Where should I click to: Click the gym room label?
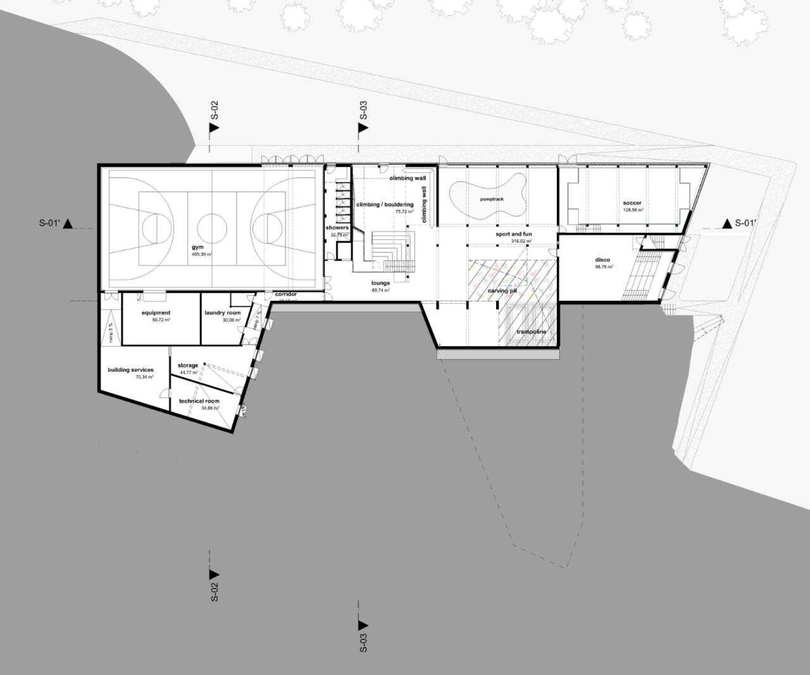[x=198, y=247]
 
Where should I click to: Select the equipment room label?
[x=156, y=313]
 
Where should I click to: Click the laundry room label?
[x=223, y=313]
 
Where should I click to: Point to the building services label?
[x=130, y=370]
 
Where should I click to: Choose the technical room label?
[x=199, y=401]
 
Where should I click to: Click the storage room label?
[x=188, y=365]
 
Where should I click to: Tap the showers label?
[x=337, y=227]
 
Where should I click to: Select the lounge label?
[x=380, y=283]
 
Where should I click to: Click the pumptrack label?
[x=492, y=199]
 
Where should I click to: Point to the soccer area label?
[x=632, y=203]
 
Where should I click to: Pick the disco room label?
[x=602, y=260]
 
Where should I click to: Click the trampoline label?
[x=530, y=332]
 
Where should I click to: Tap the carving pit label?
[x=502, y=291]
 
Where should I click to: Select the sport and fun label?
[x=513, y=234]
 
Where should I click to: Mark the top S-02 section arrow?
[x=214, y=127]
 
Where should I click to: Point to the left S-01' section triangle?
[x=68, y=223]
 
